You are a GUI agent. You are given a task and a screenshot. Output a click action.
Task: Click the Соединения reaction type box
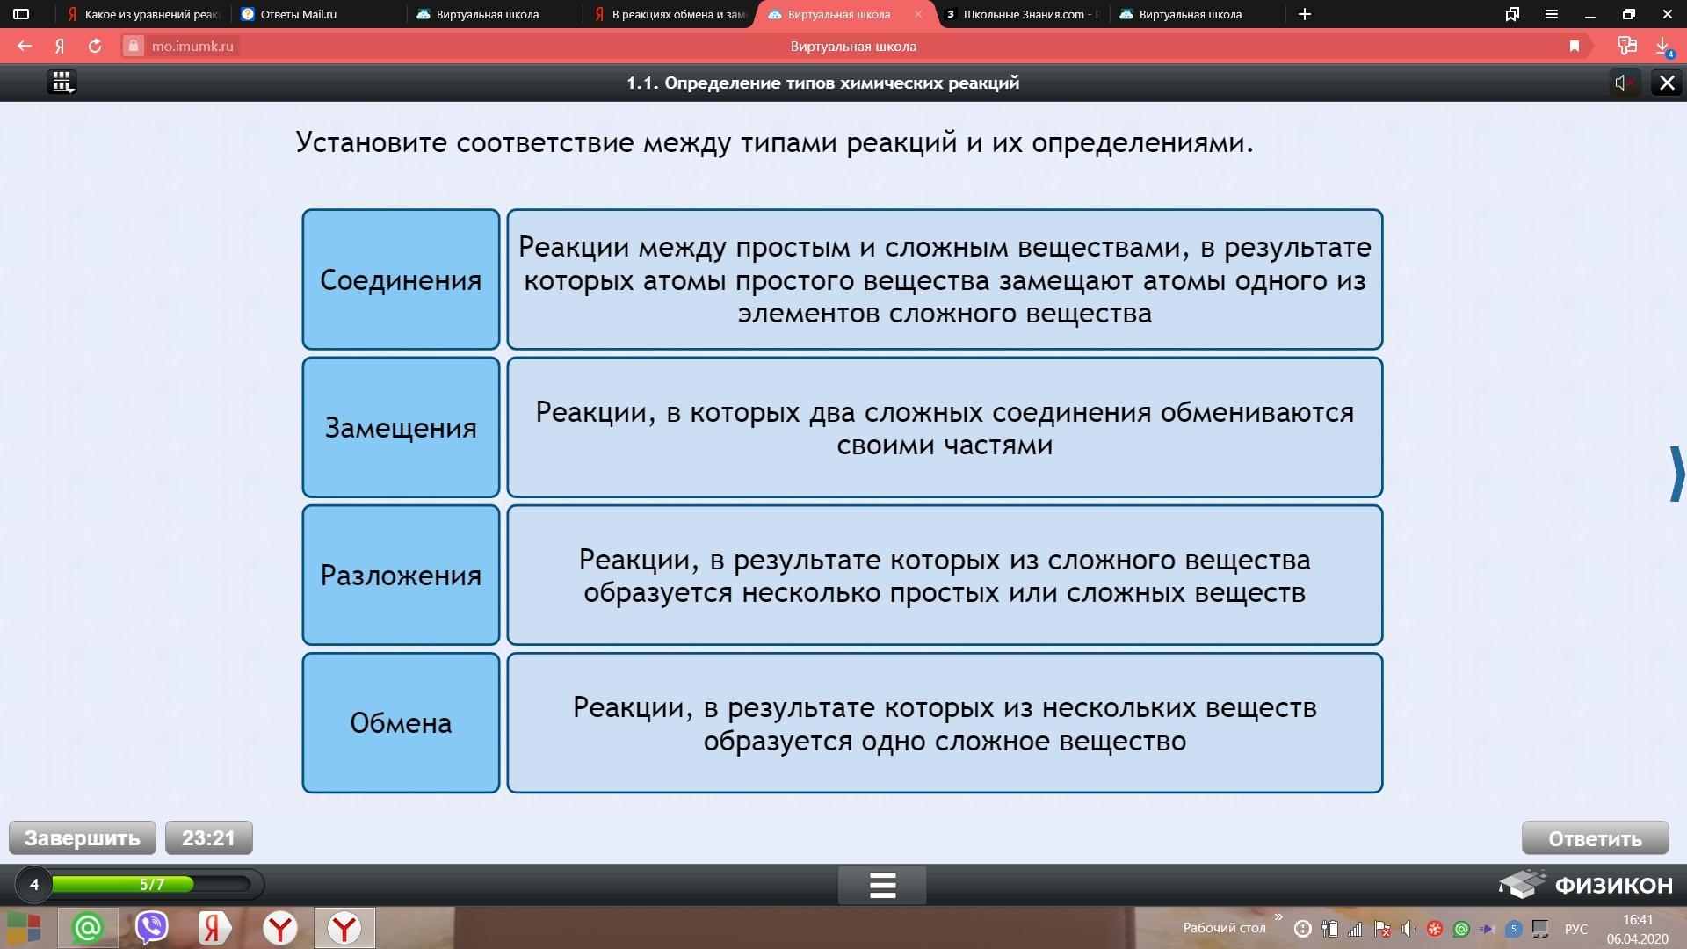pos(401,279)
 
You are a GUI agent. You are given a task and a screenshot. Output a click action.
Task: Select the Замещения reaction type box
pos(401,427)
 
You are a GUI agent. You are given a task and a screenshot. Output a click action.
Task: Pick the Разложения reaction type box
pos(401,575)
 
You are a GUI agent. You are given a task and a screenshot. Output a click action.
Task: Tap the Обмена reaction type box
pos(401,722)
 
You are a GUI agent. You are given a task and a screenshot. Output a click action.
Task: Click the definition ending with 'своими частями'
pos(945,427)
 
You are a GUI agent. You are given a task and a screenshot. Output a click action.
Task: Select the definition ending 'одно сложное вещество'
pos(945,722)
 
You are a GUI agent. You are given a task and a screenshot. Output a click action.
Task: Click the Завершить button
pos(83,837)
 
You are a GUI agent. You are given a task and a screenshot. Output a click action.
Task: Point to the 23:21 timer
pos(209,837)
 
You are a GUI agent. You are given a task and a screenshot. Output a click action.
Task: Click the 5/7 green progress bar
pos(123,884)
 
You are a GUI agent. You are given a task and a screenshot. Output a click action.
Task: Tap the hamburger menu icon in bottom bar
pos(882,885)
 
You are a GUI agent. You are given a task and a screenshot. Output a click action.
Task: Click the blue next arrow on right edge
pos(1676,474)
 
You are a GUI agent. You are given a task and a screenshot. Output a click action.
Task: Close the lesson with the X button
pos(1667,83)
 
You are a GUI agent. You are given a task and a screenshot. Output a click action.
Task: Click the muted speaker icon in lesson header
pos(1625,83)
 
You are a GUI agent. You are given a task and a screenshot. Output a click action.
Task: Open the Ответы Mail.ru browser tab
pos(299,14)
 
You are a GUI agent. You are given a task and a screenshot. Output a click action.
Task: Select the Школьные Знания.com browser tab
pos(1024,14)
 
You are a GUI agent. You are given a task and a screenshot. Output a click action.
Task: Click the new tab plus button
pos(1305,14)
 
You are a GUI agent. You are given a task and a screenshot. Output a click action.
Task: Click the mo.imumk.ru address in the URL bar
pos(192,46)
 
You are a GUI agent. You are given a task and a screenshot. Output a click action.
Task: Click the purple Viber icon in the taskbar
pos(152,928)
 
